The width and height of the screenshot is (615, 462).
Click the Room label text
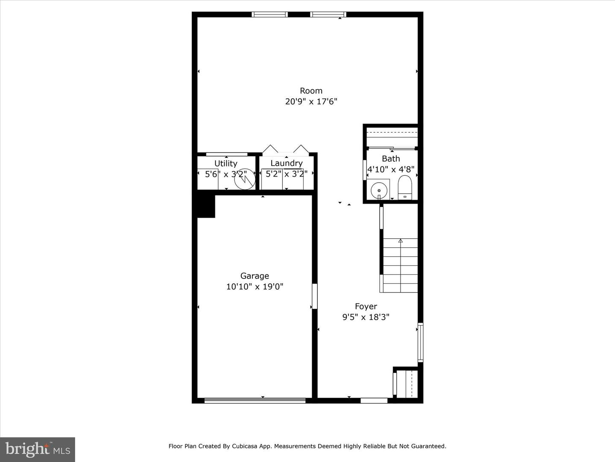[311, 91]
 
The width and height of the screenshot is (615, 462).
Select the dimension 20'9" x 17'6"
[311, 101]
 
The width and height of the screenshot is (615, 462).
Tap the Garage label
[255, 276]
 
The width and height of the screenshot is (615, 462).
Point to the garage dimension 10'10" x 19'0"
[255, 287]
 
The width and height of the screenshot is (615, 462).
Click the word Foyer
[366, 307]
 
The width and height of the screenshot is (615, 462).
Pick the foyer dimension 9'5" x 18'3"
[366, 317]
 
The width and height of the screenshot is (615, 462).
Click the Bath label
[391, 159]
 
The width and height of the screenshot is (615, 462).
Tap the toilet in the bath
[404, 187]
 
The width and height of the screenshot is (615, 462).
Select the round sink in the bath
[379, 190]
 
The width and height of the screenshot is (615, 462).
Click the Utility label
[226, 163]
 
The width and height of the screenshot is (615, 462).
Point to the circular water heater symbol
[245, 179]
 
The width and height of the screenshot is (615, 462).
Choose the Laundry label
[286, 163]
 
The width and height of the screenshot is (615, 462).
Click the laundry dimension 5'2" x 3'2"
[286, 174]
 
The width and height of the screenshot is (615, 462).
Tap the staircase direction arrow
[400, 241]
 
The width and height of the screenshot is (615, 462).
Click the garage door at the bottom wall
[255, 400]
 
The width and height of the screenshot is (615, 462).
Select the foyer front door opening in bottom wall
[374, 400]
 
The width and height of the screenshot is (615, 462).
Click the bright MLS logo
[38, 450]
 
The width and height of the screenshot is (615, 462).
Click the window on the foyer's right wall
[420, 343]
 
